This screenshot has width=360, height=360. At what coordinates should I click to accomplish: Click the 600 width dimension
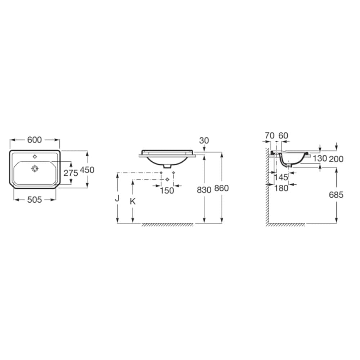tap(35, 140)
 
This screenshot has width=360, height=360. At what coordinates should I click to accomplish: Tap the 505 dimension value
tap(35, 200)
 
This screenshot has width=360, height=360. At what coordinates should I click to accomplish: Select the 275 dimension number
tap(71, 173)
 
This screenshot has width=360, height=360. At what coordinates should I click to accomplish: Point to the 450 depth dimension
tap(87, 170)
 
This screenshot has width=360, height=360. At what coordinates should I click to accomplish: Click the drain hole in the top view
tap(35, 168)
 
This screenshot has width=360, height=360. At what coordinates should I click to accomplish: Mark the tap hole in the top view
tap(35, 157)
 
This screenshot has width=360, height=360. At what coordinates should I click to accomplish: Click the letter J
tap(117, 198)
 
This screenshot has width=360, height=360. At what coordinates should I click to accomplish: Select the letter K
tap(132, 201)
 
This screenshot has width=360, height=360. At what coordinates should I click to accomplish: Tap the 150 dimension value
tap(167, 190)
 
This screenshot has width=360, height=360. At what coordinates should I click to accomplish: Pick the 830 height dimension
tap(204, 190)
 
